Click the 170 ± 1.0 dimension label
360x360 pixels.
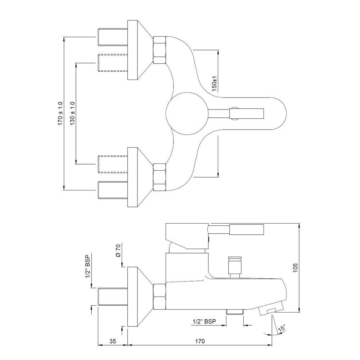coord(60,113)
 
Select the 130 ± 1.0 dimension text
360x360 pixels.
coord(73,113)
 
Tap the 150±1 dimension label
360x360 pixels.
coord(214,84)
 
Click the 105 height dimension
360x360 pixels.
coord(295,268)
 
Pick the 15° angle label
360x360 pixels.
coord(282,328)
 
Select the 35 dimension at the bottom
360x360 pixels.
coord(112,341)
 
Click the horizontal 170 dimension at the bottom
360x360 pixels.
coord(200,341)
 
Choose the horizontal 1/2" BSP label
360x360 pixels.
coord(204,321)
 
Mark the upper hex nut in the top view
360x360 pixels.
coord(159,50)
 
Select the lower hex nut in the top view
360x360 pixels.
coord(159,177)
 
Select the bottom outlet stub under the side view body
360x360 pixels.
coord(235,312)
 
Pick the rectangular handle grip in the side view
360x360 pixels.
coord(247,230)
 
